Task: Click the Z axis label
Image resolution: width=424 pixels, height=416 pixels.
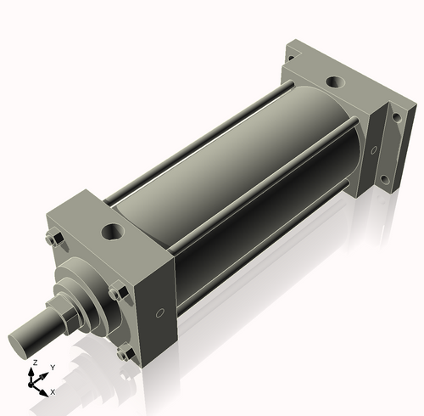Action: coord(34,363)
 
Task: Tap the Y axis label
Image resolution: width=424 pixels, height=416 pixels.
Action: coord(52,368)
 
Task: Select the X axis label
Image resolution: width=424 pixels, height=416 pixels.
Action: coord(53,391)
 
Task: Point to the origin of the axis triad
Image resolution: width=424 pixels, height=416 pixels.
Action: coord(36,383)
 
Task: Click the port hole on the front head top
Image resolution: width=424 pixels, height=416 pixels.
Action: coord(110,230)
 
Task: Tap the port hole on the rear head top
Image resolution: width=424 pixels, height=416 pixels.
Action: coord(334,83)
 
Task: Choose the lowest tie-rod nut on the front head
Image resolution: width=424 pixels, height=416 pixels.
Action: coord(126,353)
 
